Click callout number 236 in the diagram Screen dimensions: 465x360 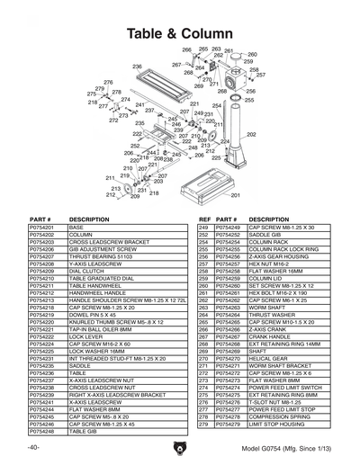pos(137,67)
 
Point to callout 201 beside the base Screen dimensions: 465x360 pos(235,195)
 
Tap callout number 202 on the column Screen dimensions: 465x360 pos(251,134)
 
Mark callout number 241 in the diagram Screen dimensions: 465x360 pos(139,104)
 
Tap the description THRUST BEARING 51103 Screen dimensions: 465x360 pos(96,256)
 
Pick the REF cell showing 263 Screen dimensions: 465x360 pos(202,308)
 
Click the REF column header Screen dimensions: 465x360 pos(203,219)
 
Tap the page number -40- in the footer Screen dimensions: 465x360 pos(34,448)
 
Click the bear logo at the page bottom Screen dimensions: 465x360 pos(181,448)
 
